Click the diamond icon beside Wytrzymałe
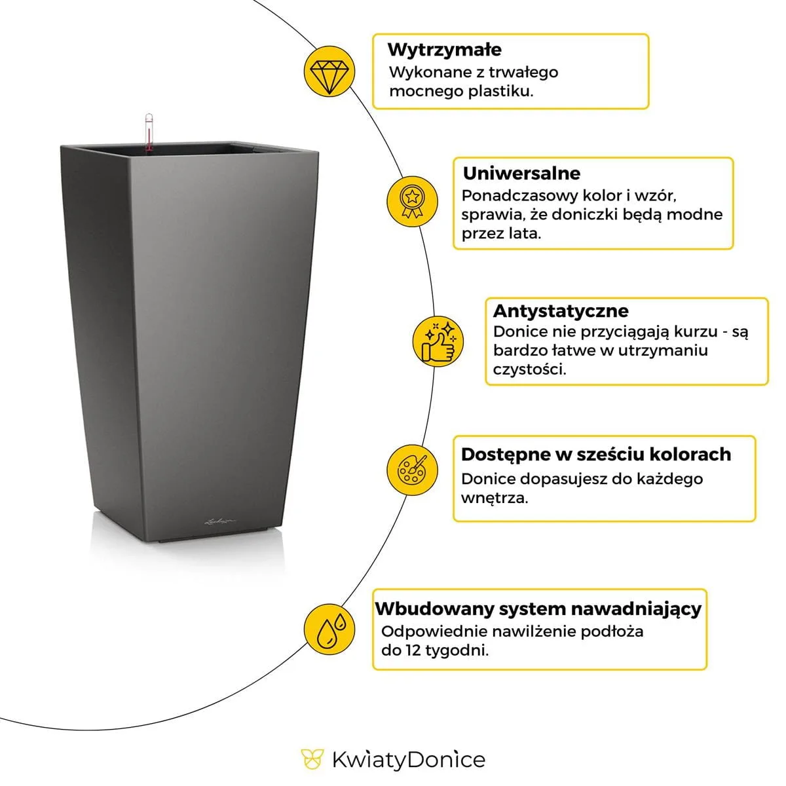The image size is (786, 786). pos(329,71)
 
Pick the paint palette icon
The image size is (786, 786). pos(412,470)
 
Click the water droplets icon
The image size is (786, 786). pos(329,629)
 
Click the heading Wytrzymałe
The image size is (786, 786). pos(444,50)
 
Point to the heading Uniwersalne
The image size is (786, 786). pos(521,174)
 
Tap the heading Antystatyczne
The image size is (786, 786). pos(560,310)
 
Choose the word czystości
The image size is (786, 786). pos(529,369)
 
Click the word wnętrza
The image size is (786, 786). pos(494,498)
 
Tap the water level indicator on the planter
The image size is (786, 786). pos(149,134)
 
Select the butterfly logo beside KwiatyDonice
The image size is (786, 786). pos(312,760)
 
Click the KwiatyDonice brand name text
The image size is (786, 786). pos(408,760)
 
